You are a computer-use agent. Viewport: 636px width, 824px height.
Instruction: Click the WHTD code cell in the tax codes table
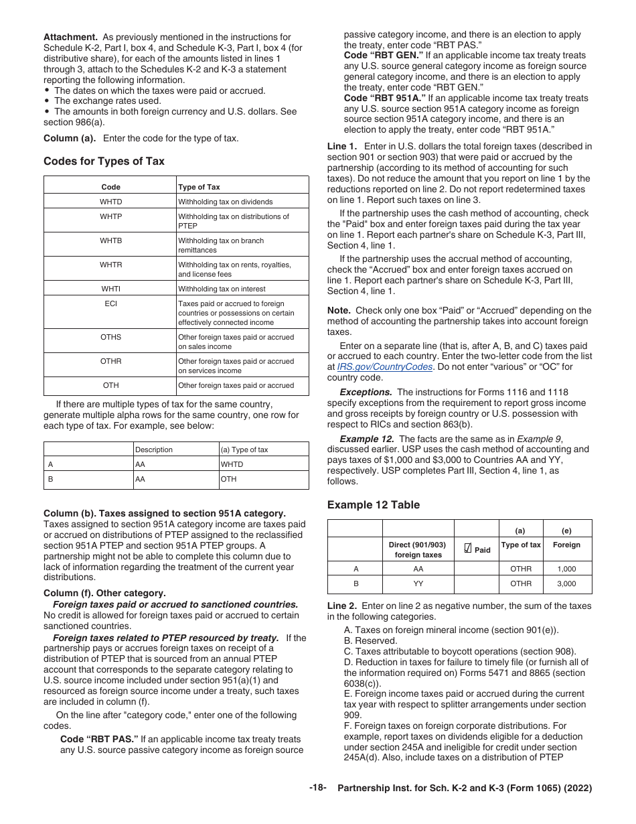pyautogui.click(x=111, y=202)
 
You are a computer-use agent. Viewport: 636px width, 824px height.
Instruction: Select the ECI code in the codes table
pyautogui.click(x=111, y=303)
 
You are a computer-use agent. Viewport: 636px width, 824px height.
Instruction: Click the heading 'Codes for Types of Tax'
pyautogui.click(x=104, y=161)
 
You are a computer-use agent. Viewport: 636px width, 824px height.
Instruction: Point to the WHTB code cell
pyautogui.click(x=111, y=241)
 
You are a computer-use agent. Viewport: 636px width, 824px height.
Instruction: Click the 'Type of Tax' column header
pyautogui.click(x=199, y=187)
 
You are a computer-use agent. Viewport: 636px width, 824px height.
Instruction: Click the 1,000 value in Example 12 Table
pyautogui.click(x=566, y=569)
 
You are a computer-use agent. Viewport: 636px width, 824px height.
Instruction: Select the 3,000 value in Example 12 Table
pyautogui.click(x=566, y=583)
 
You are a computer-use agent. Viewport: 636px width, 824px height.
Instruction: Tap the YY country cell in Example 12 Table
pyautogui.click(x=418, y=583)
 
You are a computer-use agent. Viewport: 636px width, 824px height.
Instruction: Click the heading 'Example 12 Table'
pyautogui.click(x=374, y=505)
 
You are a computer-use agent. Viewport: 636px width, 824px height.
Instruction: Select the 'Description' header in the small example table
pyautogui.click(x=154, y=450)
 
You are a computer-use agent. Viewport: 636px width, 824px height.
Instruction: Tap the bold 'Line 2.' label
pyautogui.click(x=342, y=606)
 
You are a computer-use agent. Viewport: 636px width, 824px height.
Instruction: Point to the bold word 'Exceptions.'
pyautogui.click(x=366, y=392)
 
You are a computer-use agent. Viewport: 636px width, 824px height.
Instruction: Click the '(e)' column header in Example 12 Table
pyautogui.click(x=566, y=531)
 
